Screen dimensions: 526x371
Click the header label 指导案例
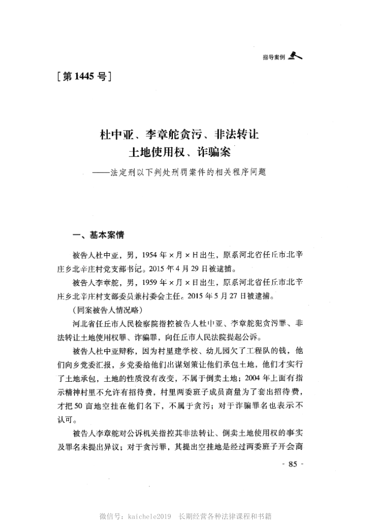[274, 57]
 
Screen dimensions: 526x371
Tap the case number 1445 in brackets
[84, 77]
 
